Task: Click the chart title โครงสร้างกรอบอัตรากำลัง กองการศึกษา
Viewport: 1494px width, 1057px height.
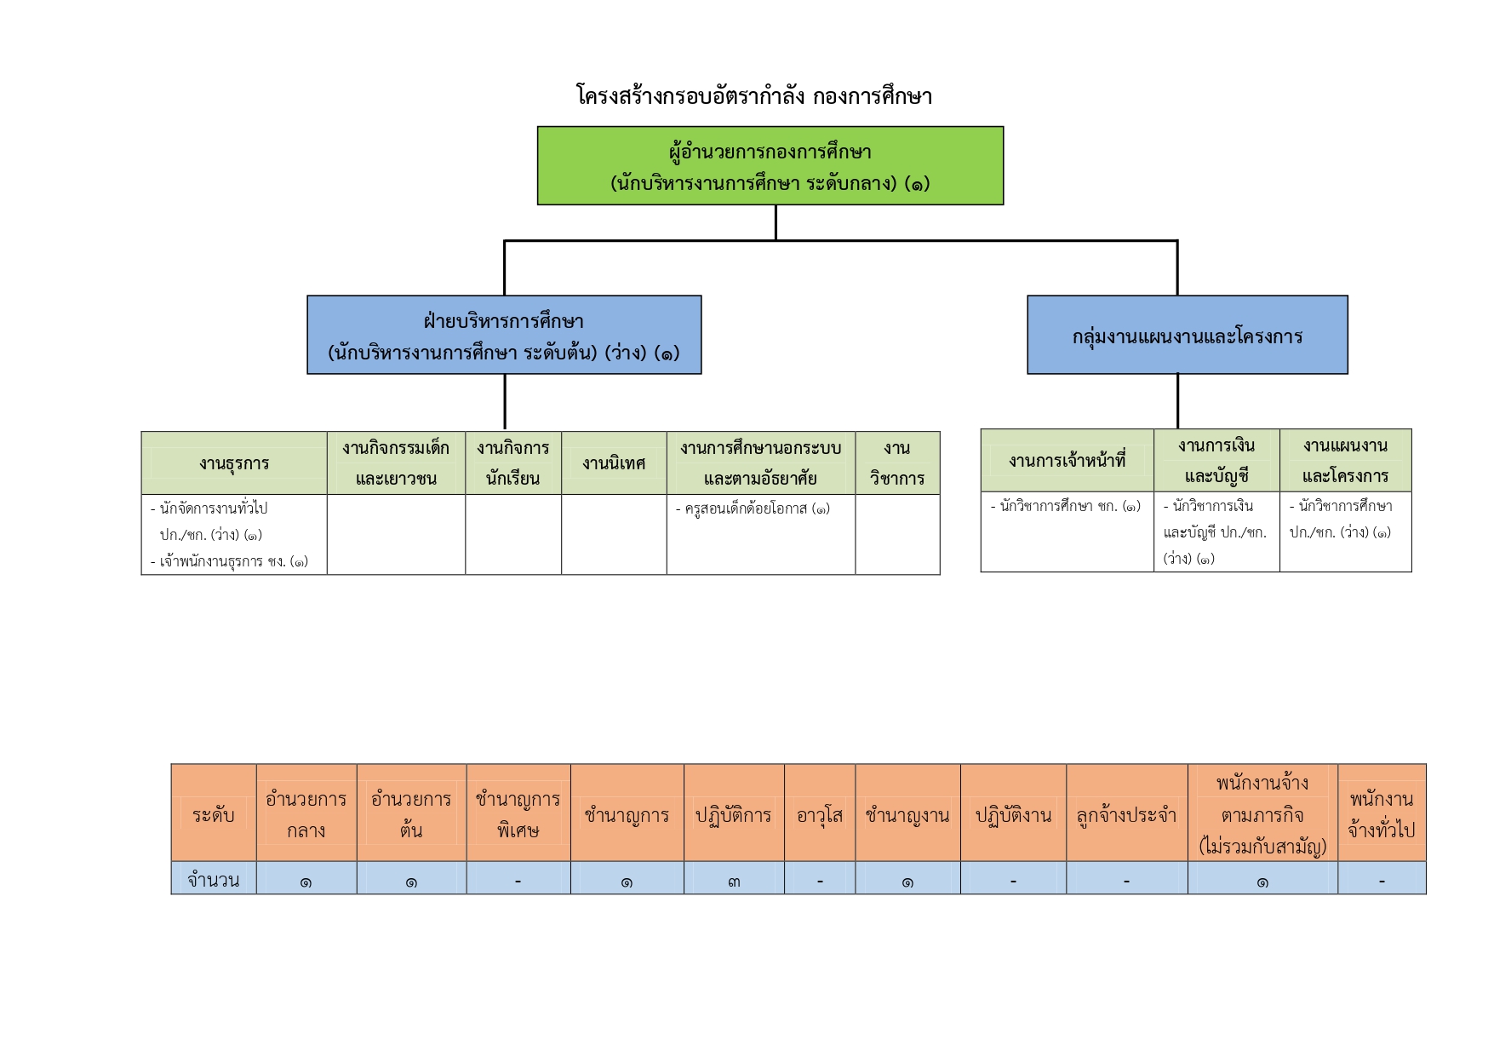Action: pyautogui.click(x=754, y=95)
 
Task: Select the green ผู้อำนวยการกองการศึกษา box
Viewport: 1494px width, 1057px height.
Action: pyautogui.click(x=770, y=165)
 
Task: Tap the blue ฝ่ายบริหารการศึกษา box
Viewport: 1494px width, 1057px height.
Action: pyautogui.click(x=504, y=335)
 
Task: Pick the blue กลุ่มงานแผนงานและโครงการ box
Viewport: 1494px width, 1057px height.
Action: pyautogui.click(x=1188, y=335)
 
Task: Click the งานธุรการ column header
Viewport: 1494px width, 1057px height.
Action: pyautogui.click(x=234, y=462)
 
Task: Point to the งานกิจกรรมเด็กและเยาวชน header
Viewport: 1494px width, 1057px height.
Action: pyautogui.click(x=396, y=462)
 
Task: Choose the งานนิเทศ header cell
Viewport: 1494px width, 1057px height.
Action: pyautogui.click(x=614, y=462)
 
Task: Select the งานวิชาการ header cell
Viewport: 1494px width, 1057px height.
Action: pyautogui.click(x=897, y=462)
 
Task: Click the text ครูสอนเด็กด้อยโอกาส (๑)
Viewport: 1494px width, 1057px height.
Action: pyautogui.click(x=753, y=508)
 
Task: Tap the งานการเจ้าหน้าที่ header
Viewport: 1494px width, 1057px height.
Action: pyautogui.click(x=1068, y=461)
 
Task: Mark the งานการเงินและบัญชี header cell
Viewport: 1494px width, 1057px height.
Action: pyautogui.click(x=1216, y=461)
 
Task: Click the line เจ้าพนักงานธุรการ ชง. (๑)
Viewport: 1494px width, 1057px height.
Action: pyautogui.click(x=230, y=561)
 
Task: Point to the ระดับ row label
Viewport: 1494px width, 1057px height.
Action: pyautogui.click(x=214, y=813)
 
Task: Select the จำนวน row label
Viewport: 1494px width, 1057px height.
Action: pyautogui.click(x=214, y=878)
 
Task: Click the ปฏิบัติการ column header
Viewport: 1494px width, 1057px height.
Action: pyautogui.click(x=734, y=813)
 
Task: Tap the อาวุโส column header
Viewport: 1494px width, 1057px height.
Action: pyautogui.click(x=820, y=813)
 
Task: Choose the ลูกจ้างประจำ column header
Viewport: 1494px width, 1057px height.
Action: pyautogui.click(x=1126, y=813)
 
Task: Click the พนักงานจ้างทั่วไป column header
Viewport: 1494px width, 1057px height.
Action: pyautogui.click(x=1382, y=813)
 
